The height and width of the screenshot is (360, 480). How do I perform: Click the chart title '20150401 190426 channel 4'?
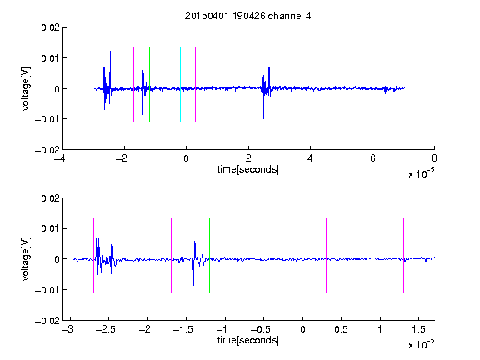(x=247, y=16)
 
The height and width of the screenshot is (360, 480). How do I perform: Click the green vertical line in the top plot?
(x=149, y=85)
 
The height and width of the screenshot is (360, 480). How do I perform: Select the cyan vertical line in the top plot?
(x=180, y=85)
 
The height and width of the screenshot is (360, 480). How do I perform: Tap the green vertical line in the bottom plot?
(x=209, y=256)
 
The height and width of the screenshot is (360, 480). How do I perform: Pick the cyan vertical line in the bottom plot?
(x=287, y=256)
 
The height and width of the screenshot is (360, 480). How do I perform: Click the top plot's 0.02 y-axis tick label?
(x=50, y=27)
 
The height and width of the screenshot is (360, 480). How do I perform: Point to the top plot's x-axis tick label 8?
(x=434, y=158)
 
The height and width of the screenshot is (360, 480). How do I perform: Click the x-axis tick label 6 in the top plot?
(x=372, y=158)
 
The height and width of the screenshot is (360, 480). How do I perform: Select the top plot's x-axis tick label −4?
(x=60, y=158)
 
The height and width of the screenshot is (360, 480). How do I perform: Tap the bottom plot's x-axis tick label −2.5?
(x=105, y=329)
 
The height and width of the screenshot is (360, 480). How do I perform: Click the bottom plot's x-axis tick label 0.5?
(x=341, y=329)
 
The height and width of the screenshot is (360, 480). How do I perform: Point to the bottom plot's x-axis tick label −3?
(x=67, y=329)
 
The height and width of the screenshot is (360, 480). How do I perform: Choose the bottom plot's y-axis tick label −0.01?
(x=47, y=290)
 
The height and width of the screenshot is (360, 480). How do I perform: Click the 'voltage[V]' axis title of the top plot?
(x=27, y=88)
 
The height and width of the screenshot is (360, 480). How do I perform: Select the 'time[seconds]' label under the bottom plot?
(x=248, y=340)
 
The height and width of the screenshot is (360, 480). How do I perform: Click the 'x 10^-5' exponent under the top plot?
(x=421, y=173)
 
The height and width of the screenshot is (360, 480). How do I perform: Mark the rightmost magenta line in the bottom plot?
(x=403, y=256)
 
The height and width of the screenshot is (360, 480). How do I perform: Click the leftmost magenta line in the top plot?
(x=102, y=85)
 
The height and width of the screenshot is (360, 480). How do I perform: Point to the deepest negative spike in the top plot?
(x=263, y=118)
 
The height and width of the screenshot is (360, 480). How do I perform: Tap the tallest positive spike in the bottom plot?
(x=112, y=223)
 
